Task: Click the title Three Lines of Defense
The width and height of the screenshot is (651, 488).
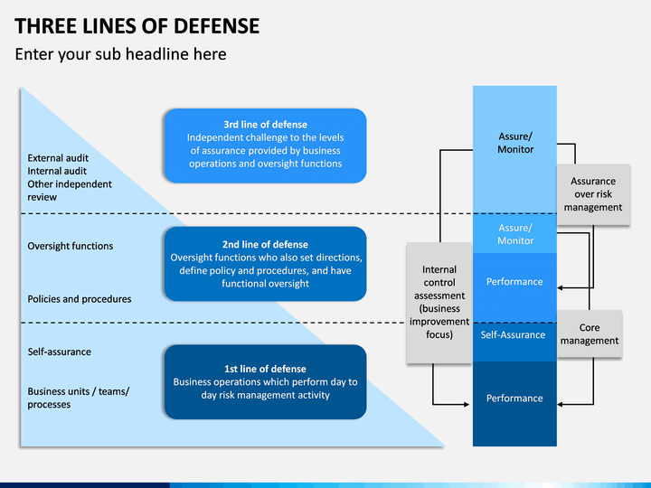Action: coord(137,26)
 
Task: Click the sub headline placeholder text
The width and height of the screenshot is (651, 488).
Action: coord(121,54)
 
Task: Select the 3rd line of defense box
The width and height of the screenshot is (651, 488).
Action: coord(265,145)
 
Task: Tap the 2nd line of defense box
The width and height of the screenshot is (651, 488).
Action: coord(265,264)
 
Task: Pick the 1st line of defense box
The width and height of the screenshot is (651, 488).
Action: coord(265,381)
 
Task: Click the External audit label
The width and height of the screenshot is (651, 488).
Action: coord(58,158)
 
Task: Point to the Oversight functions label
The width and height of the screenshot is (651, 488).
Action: coord(71,246)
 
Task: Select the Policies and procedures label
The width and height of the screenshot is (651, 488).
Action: coord(80,299)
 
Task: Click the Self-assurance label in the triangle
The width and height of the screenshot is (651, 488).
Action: coord(60,352)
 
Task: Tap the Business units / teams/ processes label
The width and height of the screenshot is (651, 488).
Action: coord(79,398)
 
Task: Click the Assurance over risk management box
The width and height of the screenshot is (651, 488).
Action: coord(593,194)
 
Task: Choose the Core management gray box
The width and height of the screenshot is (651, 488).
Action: coord(590,334)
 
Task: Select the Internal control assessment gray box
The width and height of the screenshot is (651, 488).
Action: coord(439,303)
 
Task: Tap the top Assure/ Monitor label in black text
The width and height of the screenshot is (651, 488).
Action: coord(515,143)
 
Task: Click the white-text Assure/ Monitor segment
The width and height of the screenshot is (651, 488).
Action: coord(514,234)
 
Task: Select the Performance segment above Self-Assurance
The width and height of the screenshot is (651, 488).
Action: coord(514,288)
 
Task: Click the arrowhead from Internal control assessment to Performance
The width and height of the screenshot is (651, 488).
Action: coord(467,404)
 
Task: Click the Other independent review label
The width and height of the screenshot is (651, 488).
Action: coord(70,191)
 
